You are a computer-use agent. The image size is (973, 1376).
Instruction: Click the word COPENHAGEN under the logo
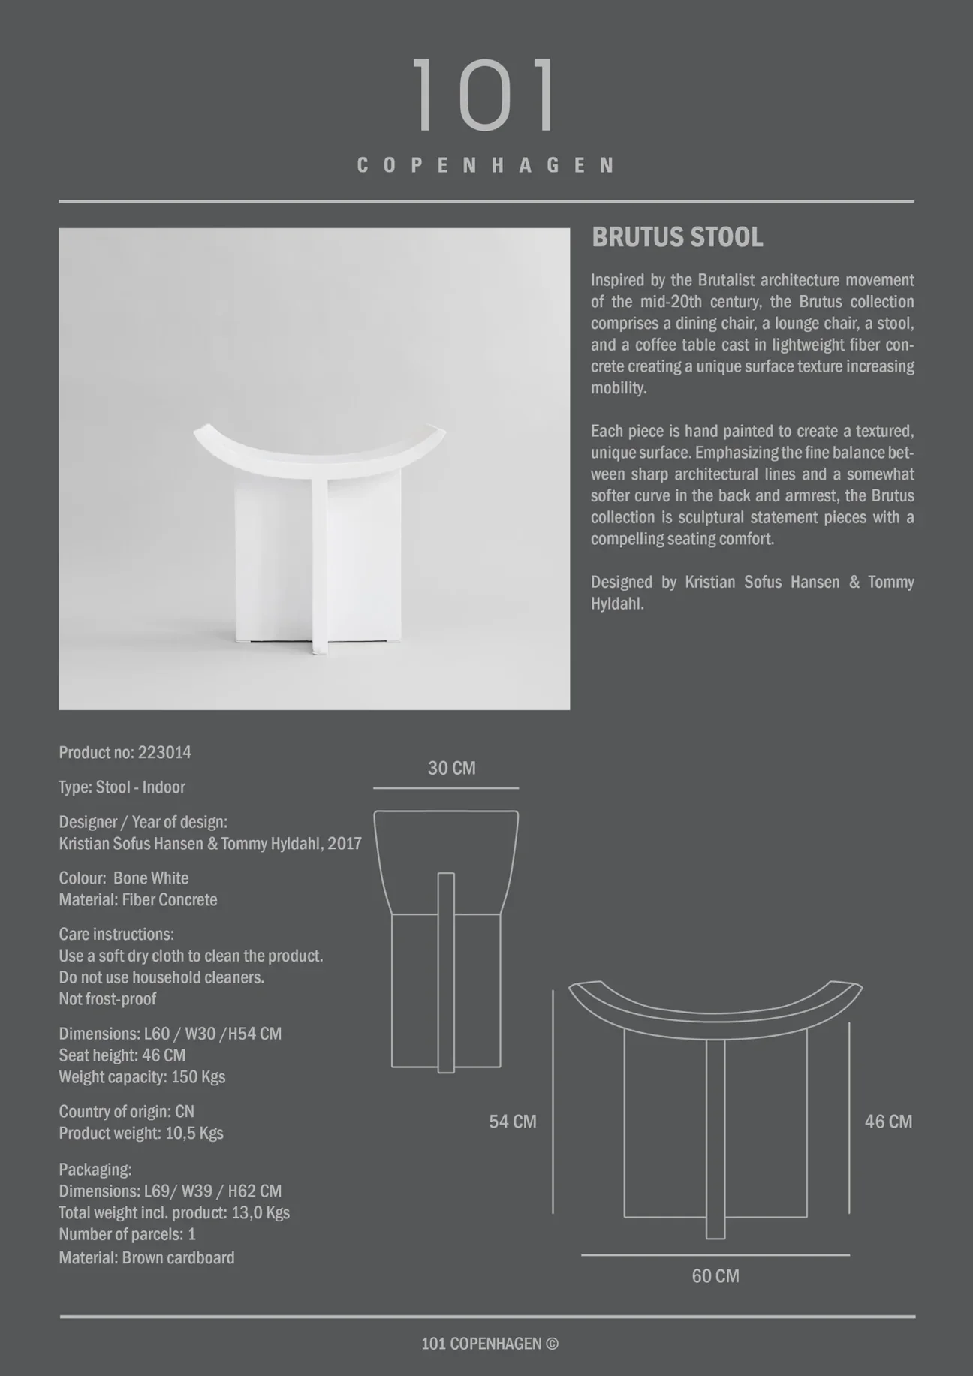pos(486,165)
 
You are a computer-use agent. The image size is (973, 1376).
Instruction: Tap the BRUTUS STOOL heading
pos(677,238)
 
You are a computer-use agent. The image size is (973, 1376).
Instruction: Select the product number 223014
pos(164,753)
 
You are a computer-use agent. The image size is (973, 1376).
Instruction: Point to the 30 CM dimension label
pos(451,769)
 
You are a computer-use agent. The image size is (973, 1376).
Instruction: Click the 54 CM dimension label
pos(513,1122)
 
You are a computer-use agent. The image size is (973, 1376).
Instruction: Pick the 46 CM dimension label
pos(888,1122)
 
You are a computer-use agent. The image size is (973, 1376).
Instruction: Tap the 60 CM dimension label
pos(715,1276)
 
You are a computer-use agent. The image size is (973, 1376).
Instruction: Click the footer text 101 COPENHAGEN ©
pos(490,1344)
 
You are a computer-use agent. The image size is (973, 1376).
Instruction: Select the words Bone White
pos(151,878)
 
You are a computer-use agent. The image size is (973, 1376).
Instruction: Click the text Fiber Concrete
pos(170,900)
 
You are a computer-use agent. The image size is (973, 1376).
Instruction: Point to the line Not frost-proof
pos(107,999)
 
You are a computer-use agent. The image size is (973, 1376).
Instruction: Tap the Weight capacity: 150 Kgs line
pos(142,1077)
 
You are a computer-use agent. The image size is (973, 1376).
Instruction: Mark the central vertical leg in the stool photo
pos(318,563)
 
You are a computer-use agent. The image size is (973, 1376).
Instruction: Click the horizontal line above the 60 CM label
pos(715,1254)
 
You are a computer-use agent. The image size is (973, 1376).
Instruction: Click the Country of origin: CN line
pos(126,1112)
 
